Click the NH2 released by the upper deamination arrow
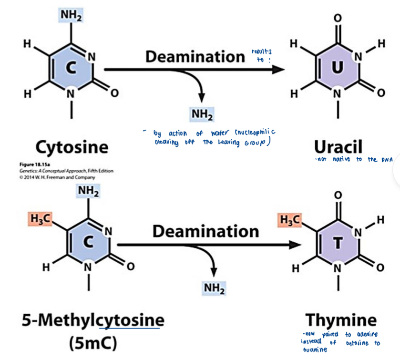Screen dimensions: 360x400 pos(202,115)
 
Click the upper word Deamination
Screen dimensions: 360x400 pos(195,57)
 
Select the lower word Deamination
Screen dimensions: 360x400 pos(205,232)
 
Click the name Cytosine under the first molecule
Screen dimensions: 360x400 pos(72,147)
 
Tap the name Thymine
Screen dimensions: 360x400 pos(340,319)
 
